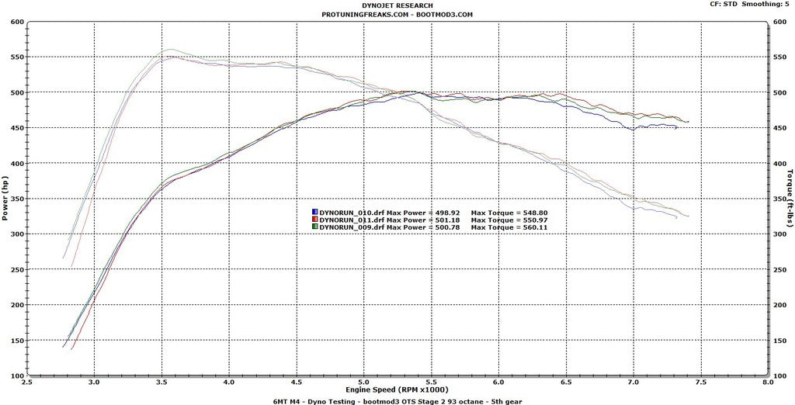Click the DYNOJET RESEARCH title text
tap(397, 5)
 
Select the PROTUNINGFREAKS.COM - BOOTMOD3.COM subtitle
tap(397, 14)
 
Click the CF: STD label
tap(724, 5)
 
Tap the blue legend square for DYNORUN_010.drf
tap(314, 212)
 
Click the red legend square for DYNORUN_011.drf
tap(314, 220)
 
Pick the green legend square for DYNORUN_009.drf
tap(314, 227)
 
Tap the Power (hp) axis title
tap(6, 199)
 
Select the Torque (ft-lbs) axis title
tap(790, 199)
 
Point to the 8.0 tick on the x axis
tap(768, 382)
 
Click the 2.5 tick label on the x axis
tap(27, 382)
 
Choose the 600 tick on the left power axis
tap(16, 22)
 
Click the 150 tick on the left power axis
tap(16, 341)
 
